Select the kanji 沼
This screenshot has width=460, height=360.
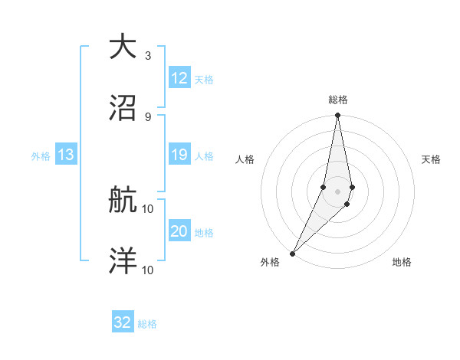tap(123, 106)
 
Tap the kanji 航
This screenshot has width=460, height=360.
tap(123, 201)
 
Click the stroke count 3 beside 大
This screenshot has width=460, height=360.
tap(148, 56)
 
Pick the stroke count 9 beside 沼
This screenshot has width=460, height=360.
tap(148, 116)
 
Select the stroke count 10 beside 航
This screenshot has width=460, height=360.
tap(148, 208)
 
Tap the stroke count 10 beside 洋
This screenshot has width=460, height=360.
tap(148, 270)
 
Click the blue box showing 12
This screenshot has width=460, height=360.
tap(179, 78)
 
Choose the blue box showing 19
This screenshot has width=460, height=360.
tap(179, 155)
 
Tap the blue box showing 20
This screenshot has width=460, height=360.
tap(179, 232)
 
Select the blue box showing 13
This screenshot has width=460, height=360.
tap(66, 155)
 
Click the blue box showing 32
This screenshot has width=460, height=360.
tap(123, 322)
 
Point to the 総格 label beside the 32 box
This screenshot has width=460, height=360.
tap(147, 324)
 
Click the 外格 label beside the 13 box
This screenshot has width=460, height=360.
tap(41, 156)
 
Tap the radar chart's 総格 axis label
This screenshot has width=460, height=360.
tap(337, 100)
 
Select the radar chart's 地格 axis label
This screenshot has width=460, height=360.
tap(402, 262)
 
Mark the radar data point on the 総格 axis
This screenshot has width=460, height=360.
tap(337, 116)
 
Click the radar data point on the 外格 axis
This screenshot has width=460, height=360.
tap(293, 253)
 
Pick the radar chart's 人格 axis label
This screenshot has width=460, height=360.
tap(245, 159)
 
